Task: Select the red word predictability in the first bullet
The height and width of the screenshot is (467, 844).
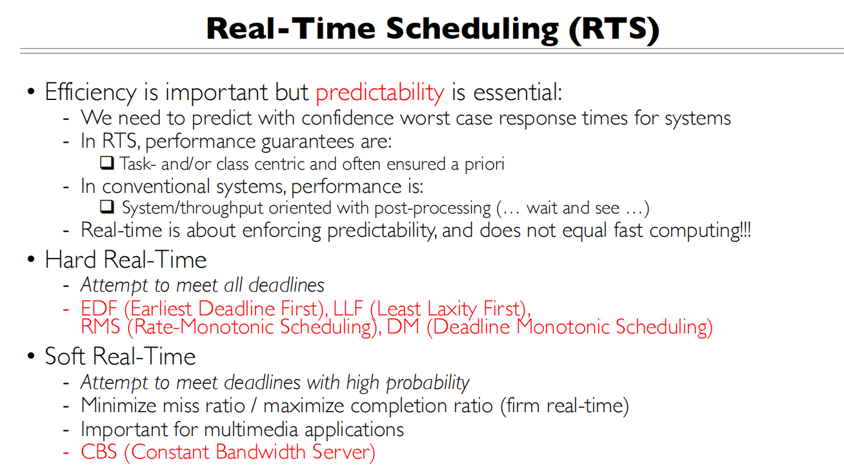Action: tap(380, 93)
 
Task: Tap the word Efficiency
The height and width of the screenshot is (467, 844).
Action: tap(90, 93)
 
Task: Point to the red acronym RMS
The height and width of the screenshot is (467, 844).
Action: tap(101, 327)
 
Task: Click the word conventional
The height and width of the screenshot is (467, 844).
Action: tap(148, 187)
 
